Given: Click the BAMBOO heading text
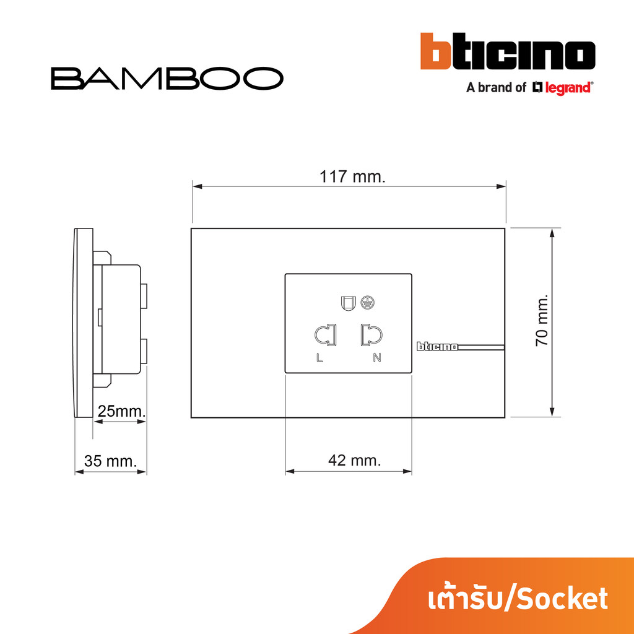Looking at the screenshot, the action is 167,78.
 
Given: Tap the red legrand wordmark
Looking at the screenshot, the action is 568,88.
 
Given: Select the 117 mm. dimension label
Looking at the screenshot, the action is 352,176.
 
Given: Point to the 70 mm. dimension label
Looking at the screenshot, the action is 541,320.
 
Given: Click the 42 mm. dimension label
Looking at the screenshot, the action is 354,460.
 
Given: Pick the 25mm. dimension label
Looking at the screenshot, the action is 121,411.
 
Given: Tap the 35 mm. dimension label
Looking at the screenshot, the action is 110,461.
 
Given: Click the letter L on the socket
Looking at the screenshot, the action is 319,358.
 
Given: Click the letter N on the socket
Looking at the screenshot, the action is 377,357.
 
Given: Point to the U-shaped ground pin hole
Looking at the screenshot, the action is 348,303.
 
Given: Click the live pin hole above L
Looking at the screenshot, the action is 326,335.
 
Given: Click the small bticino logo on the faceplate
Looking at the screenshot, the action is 437,347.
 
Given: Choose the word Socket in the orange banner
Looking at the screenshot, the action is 562,599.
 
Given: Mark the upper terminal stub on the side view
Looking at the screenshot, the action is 143,295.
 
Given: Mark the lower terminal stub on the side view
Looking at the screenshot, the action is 143,352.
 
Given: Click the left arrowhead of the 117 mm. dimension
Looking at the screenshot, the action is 198,186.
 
